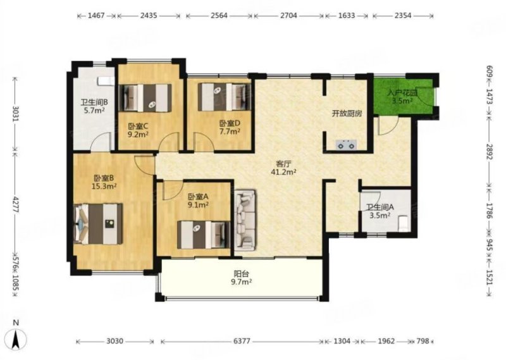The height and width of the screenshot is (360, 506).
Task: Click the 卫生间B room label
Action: tap(94, 106)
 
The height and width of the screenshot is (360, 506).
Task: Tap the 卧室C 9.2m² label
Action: tap(138, 130)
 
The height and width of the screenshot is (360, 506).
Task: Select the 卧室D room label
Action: tap(230, 127)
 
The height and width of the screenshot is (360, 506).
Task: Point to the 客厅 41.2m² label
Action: tap(283, 168)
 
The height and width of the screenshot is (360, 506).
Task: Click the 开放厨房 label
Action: tap(347, 114)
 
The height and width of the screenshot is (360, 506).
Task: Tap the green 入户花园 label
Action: tap(402, 97)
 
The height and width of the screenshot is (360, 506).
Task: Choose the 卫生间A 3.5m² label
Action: tap(380, 211)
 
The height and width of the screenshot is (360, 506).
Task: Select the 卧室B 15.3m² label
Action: tap(104, 182)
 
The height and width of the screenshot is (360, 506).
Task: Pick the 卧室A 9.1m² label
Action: tap(198, 201)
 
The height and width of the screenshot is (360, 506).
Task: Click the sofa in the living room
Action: tap(245, 220)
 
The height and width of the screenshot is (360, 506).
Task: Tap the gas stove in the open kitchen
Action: tap(346, 145)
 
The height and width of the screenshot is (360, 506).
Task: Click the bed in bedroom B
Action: tap(98, 224)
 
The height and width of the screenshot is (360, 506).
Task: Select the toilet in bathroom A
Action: tap(404, 223)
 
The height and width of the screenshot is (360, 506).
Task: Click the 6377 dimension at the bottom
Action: tap(242, 341)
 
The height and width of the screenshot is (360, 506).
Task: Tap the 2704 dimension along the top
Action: tap(288, 15)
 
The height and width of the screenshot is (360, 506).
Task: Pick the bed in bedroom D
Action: tap(225, 97)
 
